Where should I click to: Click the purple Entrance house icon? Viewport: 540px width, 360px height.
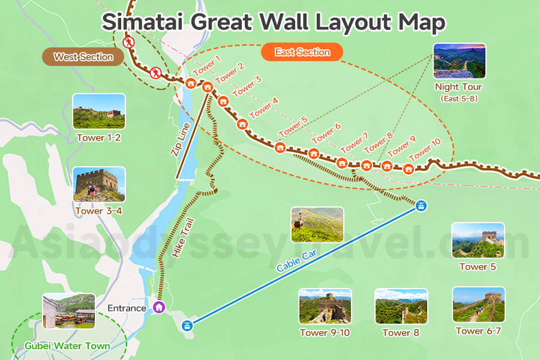click(159, 307)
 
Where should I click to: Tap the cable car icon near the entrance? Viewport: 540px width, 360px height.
click(188, 326)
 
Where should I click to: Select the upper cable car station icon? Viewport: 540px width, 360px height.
click(422, 206)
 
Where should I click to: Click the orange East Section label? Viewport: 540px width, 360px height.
click(302, 52)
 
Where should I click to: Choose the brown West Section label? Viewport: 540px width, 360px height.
click(83, 57)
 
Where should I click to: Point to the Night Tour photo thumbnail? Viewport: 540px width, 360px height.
click(459, 61)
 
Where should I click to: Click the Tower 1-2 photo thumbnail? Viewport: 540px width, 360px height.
click(99, 112)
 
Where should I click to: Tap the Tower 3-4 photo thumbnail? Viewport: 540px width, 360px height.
click(99, 184)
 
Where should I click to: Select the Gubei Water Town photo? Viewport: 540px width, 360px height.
click(69, 311)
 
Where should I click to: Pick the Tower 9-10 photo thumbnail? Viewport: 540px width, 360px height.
click(325, 307)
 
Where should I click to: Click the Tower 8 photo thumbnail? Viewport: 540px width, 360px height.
click(401, 307)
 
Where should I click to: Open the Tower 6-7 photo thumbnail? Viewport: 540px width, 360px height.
click(478, 305)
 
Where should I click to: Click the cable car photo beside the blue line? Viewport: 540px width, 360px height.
click(317, 224)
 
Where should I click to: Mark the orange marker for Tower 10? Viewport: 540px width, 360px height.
click(409, 169)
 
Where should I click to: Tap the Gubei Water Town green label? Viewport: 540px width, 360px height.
click(67, 346)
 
